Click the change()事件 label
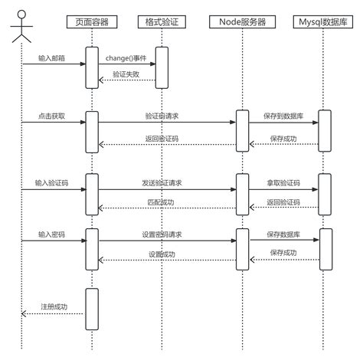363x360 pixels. [126, 57]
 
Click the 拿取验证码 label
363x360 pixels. [283, 183]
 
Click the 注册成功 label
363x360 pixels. [54, 307]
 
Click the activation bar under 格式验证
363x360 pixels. [162, 67]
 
